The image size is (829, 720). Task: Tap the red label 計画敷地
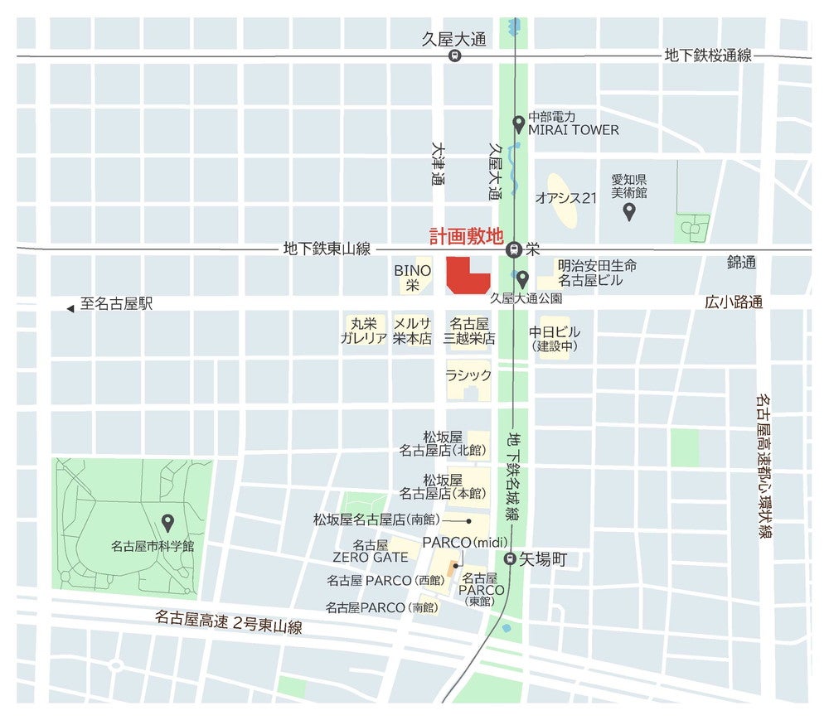[466, 236]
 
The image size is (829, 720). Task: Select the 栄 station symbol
[514, 248]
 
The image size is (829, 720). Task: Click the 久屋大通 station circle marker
[454, 56]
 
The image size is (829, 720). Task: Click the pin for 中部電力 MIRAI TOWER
[519, 124]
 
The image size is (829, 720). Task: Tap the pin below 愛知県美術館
[629, 211]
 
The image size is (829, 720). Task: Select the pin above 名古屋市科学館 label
[167, 523]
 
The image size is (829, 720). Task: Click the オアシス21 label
[566, 198]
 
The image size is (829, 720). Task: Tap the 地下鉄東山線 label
[327, 248]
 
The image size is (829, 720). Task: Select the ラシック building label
[468, 375]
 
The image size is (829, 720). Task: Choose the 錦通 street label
[741, 263]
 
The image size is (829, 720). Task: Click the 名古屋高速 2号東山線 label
[228, 621]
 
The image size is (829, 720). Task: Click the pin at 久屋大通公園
[522, 278]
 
